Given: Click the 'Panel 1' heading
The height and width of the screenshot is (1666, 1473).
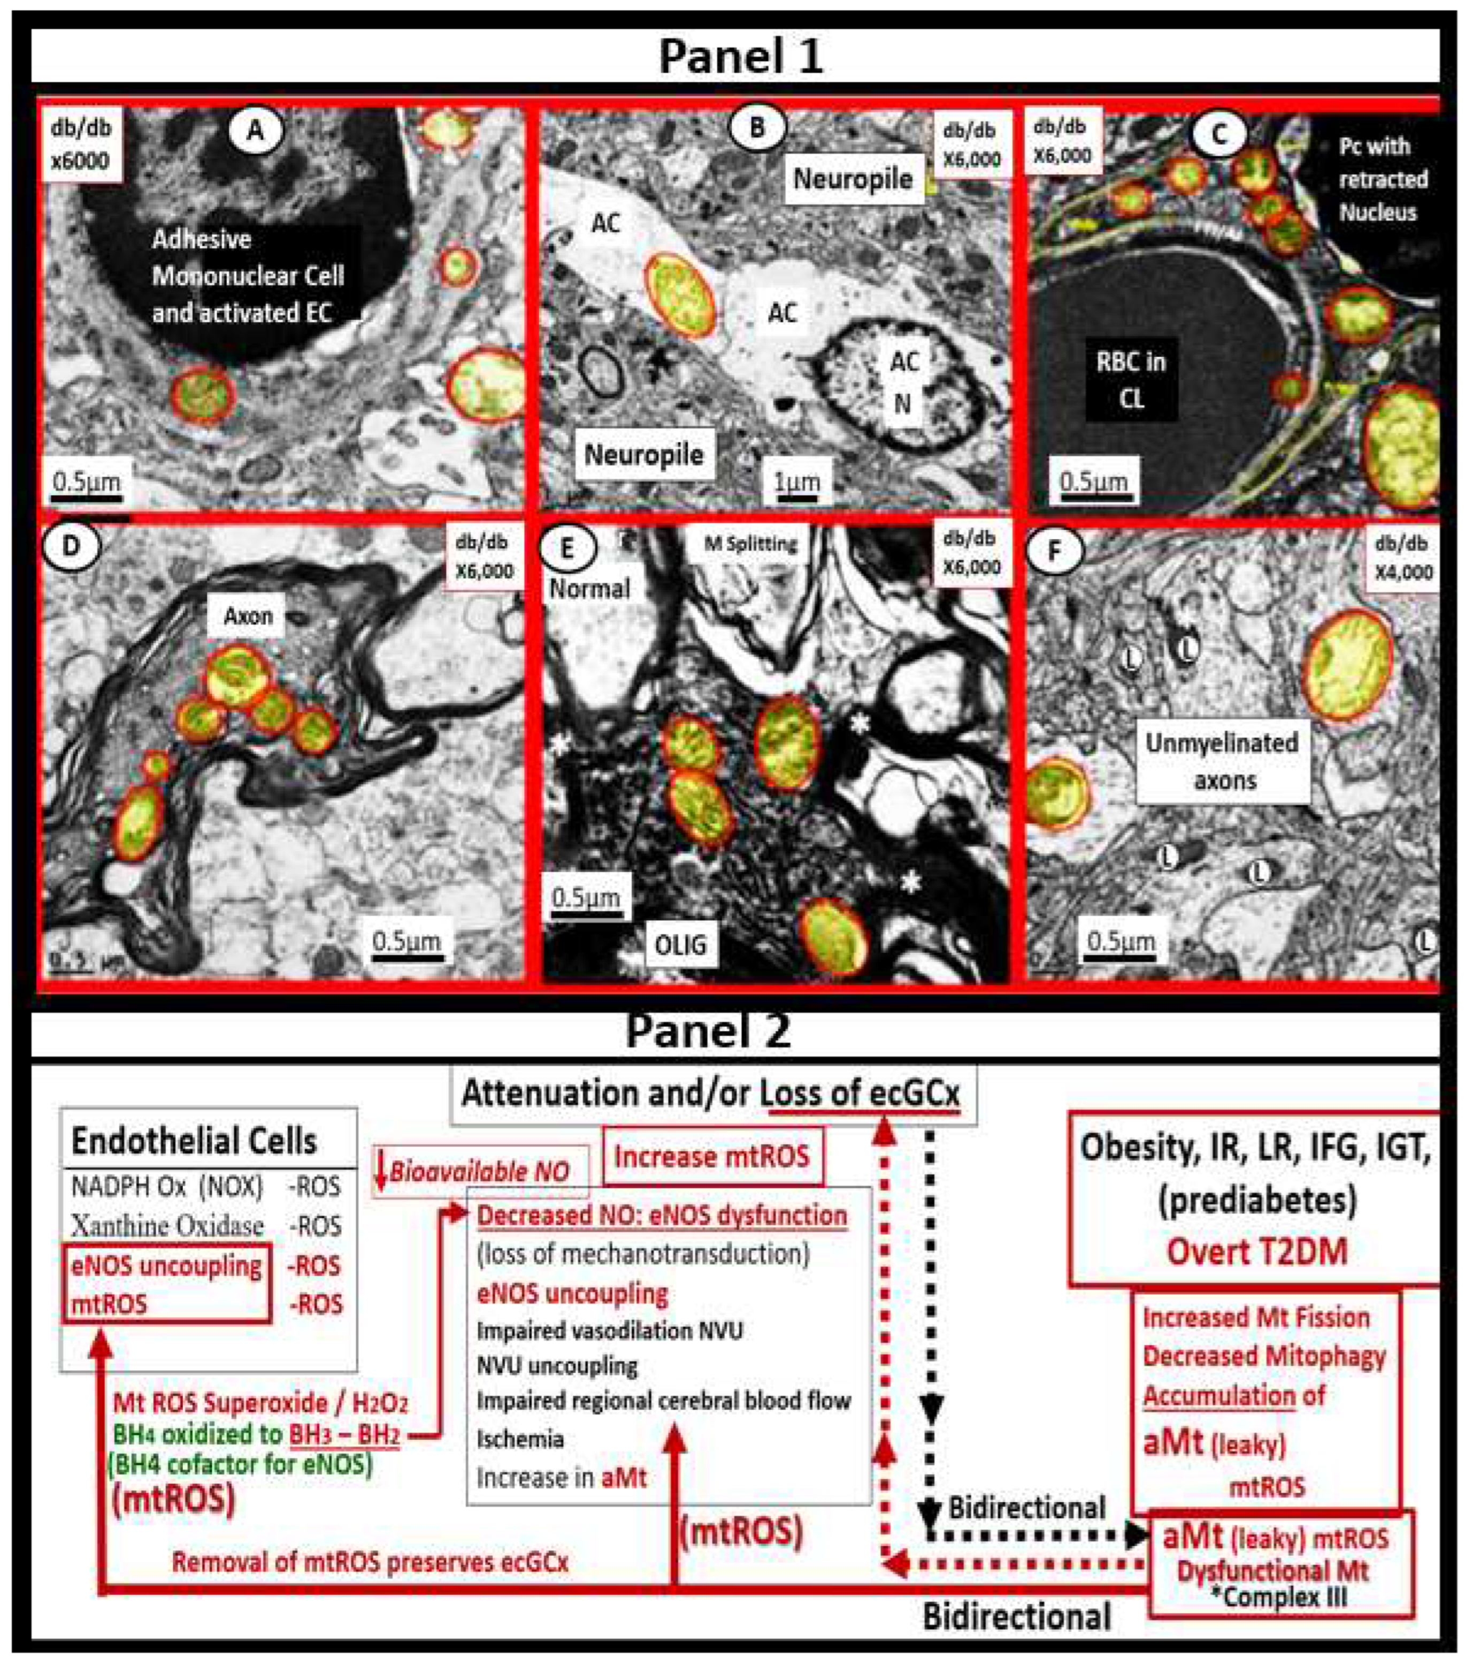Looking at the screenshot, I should (x=740, y=56).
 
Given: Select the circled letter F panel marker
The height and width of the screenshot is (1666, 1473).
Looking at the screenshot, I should (x=1054, y=552).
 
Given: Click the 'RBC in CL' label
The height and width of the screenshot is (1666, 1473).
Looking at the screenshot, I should (x=1131, y=380).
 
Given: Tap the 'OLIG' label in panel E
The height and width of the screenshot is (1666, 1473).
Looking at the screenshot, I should (x=680, y=945).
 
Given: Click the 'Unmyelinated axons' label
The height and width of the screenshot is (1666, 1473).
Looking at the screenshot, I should (x=1222, y=761).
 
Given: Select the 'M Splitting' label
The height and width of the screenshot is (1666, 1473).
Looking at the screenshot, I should (x=750, y=544).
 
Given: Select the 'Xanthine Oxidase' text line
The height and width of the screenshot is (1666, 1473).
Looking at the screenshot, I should (x=167, y=1225).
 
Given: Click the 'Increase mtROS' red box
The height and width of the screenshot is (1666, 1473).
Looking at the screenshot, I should (x=712, y=1156).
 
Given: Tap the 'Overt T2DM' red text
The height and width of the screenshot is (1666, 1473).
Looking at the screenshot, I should (x=1257, y=1251).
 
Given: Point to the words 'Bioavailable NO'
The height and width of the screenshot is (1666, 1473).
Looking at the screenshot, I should (x=479, y=1172).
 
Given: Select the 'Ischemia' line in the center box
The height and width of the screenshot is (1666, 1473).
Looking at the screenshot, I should (x=520, y=1439).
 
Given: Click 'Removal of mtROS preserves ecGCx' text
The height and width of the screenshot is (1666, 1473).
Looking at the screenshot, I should (x=370, y=1563).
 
